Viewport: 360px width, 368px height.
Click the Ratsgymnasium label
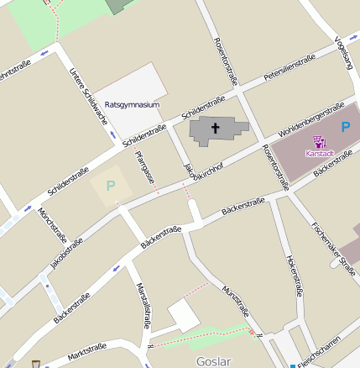tap(133, 105)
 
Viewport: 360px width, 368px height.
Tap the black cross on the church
tap(215, 129)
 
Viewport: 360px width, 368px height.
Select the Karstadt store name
tap(320, 154)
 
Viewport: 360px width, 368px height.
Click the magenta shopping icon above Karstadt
tap(320, 142)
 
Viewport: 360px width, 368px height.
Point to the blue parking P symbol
tap(346, 128)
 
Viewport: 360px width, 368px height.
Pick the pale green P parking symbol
tap(110, 185)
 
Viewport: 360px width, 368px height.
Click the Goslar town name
tap(212, 360)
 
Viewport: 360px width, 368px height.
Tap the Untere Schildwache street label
tap(88, 96)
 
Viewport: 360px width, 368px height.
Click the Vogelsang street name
tap(344, 52)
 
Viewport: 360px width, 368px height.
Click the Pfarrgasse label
tap(145, 167)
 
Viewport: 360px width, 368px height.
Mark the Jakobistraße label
tap(67, 253)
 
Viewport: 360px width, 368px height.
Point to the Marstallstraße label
tap(143, 305)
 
